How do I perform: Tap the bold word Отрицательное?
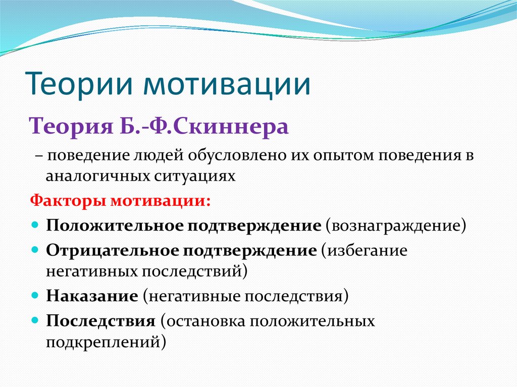(112, 251)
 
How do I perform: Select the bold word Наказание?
(92, 295)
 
